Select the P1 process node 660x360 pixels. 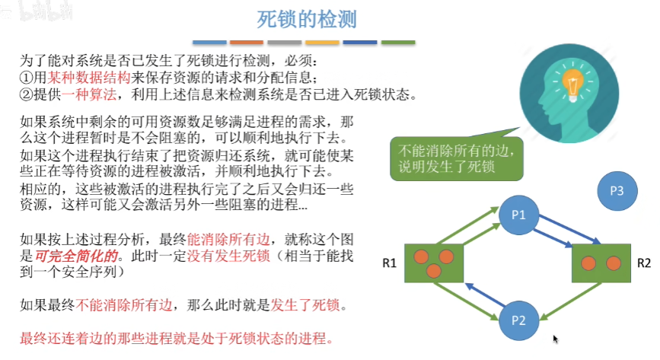coord(518,215)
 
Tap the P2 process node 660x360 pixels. coord(518,320)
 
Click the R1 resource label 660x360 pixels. coord(389,264)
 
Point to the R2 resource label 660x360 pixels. coord(644,264)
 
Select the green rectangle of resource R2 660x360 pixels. coord(601,263)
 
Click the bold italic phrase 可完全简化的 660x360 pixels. coord(71,256)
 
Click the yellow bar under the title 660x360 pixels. coord(322,42)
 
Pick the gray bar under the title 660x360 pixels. coord(285,42)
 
